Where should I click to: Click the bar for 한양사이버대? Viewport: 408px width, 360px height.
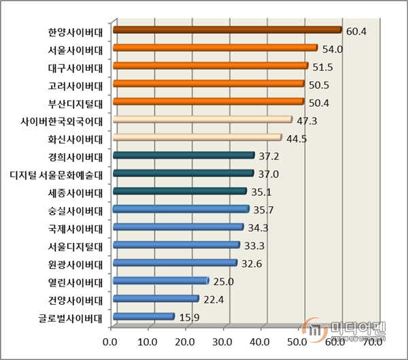coord(226,30)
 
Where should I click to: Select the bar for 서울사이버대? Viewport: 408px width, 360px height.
coord(215,48)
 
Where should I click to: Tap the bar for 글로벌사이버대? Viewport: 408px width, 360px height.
coord(143,316)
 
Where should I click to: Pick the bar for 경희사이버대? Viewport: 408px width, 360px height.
coord(184,155)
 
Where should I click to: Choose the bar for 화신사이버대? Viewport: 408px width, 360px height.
coord(197,137)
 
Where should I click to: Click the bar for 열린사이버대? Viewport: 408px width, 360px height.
coord(160,280)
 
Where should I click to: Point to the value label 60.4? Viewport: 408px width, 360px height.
coord(356,31)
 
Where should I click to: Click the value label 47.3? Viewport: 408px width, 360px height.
coord(307,120)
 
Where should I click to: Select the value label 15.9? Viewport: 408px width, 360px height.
coord(190,317)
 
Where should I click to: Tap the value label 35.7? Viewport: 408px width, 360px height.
coord(264,210)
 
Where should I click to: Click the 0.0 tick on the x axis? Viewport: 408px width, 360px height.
coord(110,341)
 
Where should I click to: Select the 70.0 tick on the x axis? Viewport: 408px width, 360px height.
coord(374,341)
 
